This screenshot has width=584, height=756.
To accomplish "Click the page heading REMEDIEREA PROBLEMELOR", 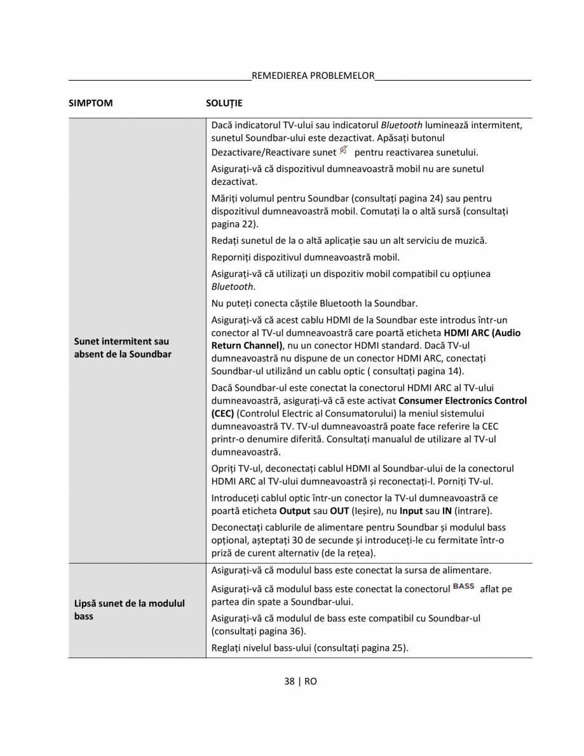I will [313, 76].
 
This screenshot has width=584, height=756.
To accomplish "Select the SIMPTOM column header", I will [90, 102].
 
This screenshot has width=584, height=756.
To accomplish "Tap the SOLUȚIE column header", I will [224, 102].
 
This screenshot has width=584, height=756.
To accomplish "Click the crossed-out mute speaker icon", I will [344, 151].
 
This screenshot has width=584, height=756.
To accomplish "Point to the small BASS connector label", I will [464, 586].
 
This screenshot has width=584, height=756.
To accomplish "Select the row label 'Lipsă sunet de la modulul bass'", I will [129, 609].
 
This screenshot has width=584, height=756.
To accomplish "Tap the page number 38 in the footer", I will [290, 681].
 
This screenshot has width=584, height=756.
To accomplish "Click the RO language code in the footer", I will [311, 681].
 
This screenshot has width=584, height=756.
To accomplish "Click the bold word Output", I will [295, 511].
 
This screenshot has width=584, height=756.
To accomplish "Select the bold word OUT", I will [340, 511].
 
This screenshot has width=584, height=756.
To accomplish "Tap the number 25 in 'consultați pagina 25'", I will [398, 648].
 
